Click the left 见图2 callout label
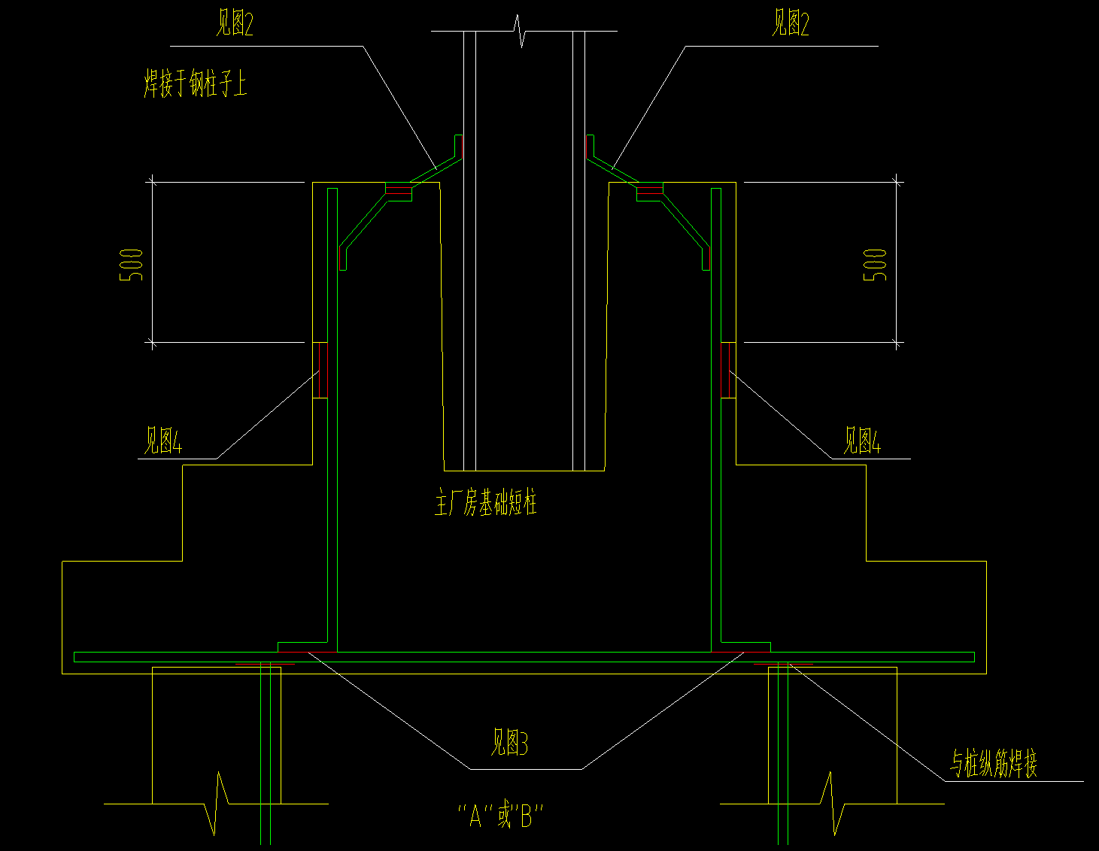[x=234, y=25]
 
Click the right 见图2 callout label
[x=790, y=25]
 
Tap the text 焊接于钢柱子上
[x=195, y=83]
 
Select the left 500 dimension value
[x=132, y=265]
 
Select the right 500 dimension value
[x=875, y=265]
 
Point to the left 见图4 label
[x=163, y=441]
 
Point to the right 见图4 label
[x=861, y=441]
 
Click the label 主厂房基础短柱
[x=486, y=503]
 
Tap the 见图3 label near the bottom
[x=509, y=743]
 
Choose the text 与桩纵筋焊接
[x=994, y=764]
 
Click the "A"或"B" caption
[x=500, y=816]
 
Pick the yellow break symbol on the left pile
[x=218, y=802]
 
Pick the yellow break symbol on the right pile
[x=833, y=802]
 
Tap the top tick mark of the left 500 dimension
[x=152, y=181]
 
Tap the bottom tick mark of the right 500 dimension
[x=897, y=343]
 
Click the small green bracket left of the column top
[x=456, y=147]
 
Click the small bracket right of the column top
[x=590, y=147]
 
